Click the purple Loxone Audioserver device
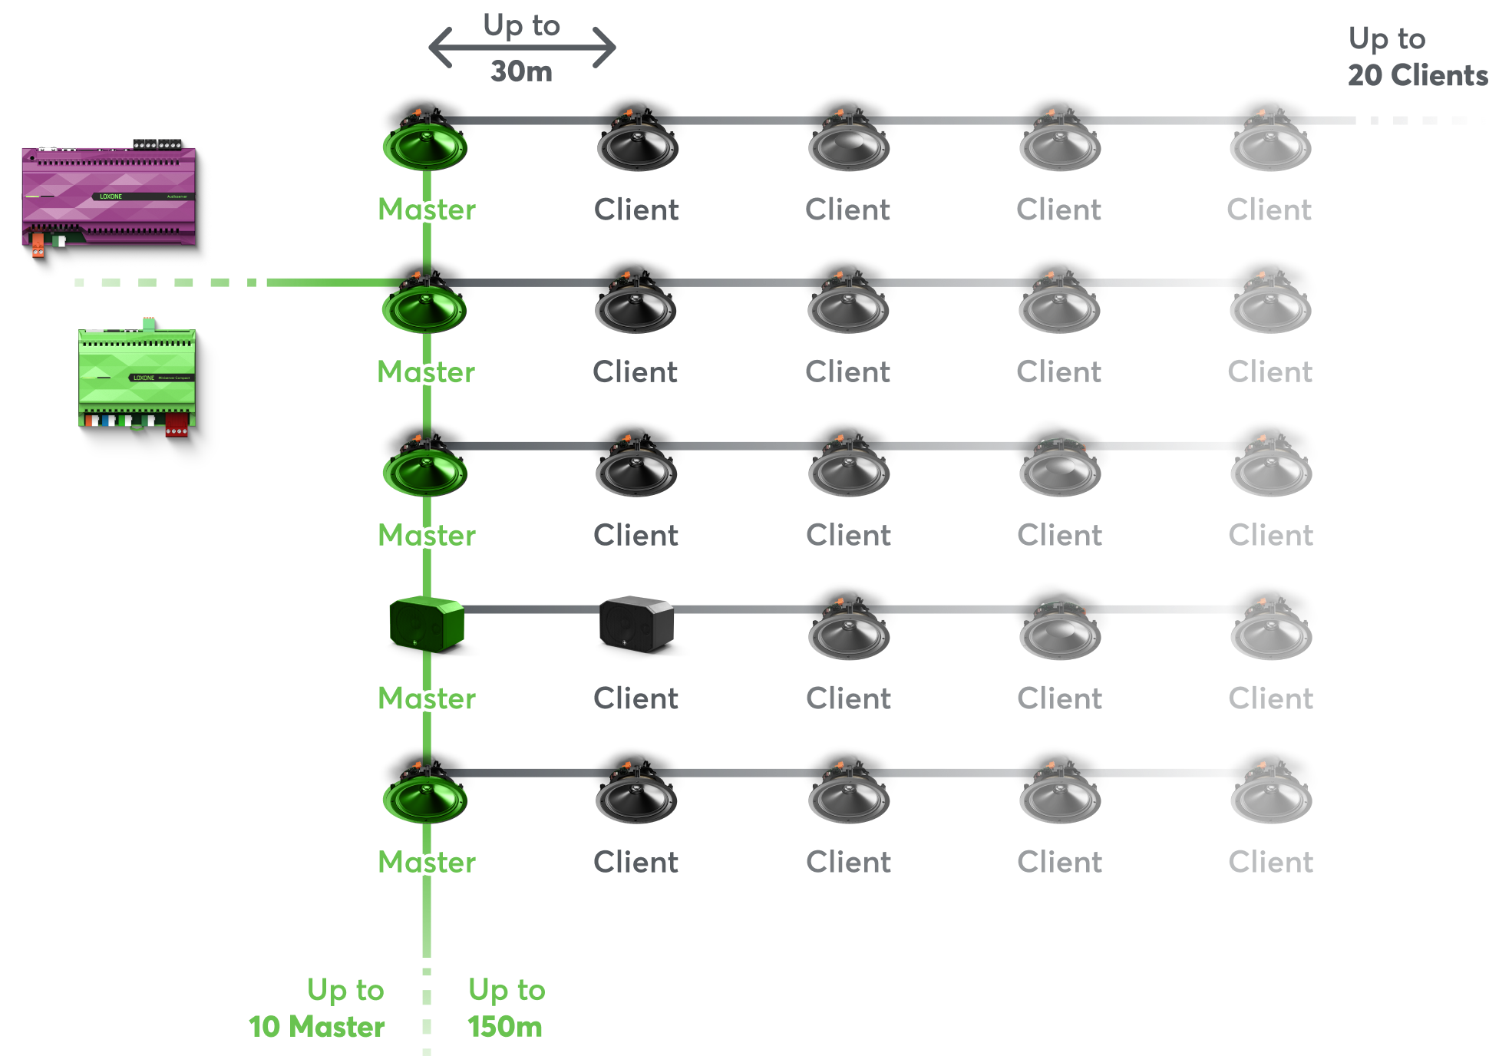[108, 195]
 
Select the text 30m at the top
[521, 71]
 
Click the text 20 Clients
[1417, 75]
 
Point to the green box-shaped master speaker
[426, 623]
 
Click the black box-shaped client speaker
[636, 623]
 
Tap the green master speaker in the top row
[425, 145]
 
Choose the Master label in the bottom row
[427, 862]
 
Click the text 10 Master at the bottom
[317, 1027]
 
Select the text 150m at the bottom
[505, 1027]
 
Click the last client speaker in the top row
[1270, 145]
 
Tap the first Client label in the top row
[636, 210]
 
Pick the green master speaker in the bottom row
[425, 798]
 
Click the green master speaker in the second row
[424, 308]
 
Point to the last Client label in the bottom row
[1270, 862]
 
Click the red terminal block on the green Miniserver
[177, 424]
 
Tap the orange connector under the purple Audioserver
[38, 245]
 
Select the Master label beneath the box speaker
[427, 698]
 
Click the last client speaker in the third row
[1270, 471]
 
